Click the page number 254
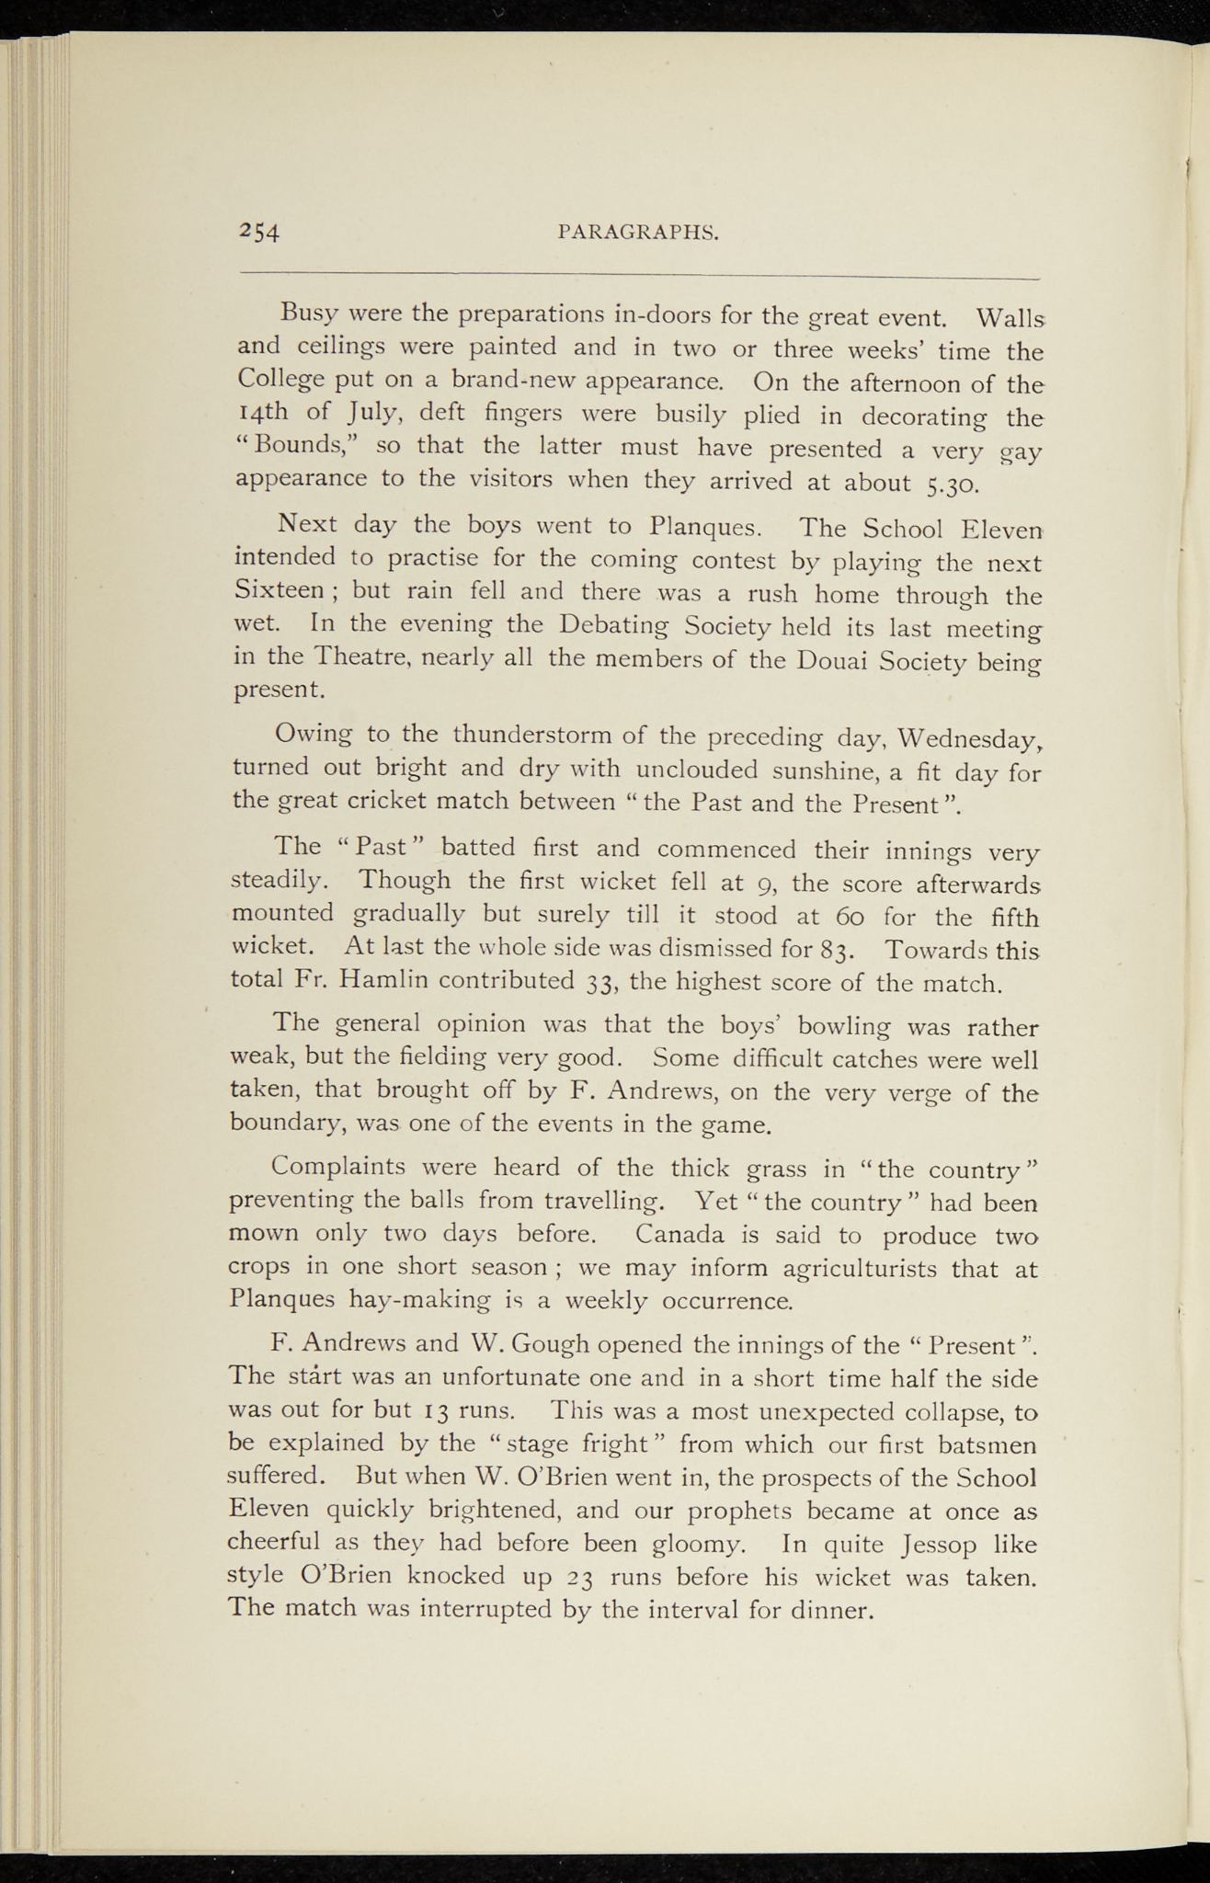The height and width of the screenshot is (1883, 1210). tap(258, 232)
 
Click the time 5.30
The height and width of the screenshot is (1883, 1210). tap(958, 484)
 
